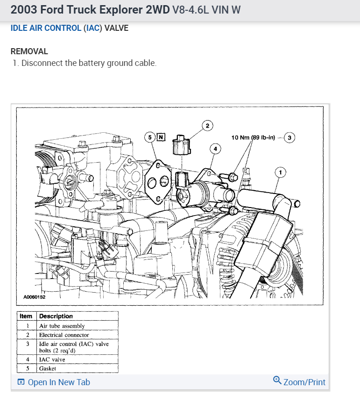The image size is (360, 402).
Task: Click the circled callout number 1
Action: click(280, 172)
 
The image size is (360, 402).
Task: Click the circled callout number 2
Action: click(207, 125)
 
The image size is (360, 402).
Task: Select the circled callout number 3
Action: click(290, 137)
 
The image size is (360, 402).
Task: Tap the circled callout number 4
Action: click(215, 149)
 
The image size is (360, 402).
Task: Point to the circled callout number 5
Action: click(150, 137)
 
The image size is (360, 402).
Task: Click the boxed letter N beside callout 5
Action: click(161, 137)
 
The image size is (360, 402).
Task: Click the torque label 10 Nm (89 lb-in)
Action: click(254, 137)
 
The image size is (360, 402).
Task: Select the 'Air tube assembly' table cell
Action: click(62, 326)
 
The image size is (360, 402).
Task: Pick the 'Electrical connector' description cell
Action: click(64, 335)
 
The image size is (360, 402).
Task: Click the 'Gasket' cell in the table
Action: click(48, 368)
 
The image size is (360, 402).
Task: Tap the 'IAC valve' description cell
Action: click(52, 359)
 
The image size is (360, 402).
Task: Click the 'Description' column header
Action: click(56, 316)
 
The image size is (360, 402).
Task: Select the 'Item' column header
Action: click(27, 316)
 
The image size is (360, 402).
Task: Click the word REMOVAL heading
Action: click(29, 51)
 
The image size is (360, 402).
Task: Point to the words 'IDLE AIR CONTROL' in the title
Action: click(46, 28)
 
